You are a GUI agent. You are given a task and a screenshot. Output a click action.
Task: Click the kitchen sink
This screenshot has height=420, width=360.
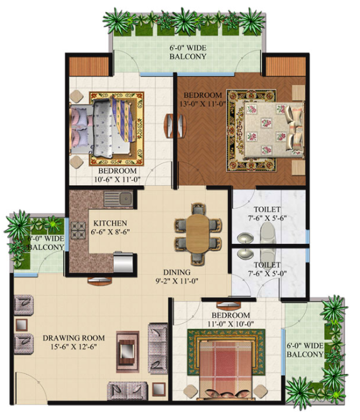(x=119, y=199)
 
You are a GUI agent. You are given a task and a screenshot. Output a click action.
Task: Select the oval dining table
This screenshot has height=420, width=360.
(x=198, y=233)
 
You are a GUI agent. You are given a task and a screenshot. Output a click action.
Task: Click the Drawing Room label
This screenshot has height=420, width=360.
(x=74, y=338)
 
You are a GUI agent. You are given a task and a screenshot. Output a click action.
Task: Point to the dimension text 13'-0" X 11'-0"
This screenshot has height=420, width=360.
(x=202, y=104)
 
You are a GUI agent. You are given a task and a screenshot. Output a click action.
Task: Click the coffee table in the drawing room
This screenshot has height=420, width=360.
(x=127, y=351)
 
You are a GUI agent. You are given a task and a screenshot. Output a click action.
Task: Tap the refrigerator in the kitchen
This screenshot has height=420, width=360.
(x=123, y=262)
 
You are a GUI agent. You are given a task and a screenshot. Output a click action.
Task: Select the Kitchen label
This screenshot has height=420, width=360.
(x=110, y=223)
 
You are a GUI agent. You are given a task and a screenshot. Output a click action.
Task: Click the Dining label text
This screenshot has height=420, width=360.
(x=177, y=272)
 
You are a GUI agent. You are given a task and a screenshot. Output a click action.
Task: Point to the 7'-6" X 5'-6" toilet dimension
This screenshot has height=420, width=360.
(x=267, y=218)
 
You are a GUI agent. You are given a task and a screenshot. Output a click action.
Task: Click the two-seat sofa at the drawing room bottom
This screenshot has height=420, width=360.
(x=127, y=391)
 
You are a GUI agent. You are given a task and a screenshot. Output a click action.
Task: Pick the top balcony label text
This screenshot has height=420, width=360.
(x=188, y=52)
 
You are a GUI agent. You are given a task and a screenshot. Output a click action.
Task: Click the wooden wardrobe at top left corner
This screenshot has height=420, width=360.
(x=89, y=66)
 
